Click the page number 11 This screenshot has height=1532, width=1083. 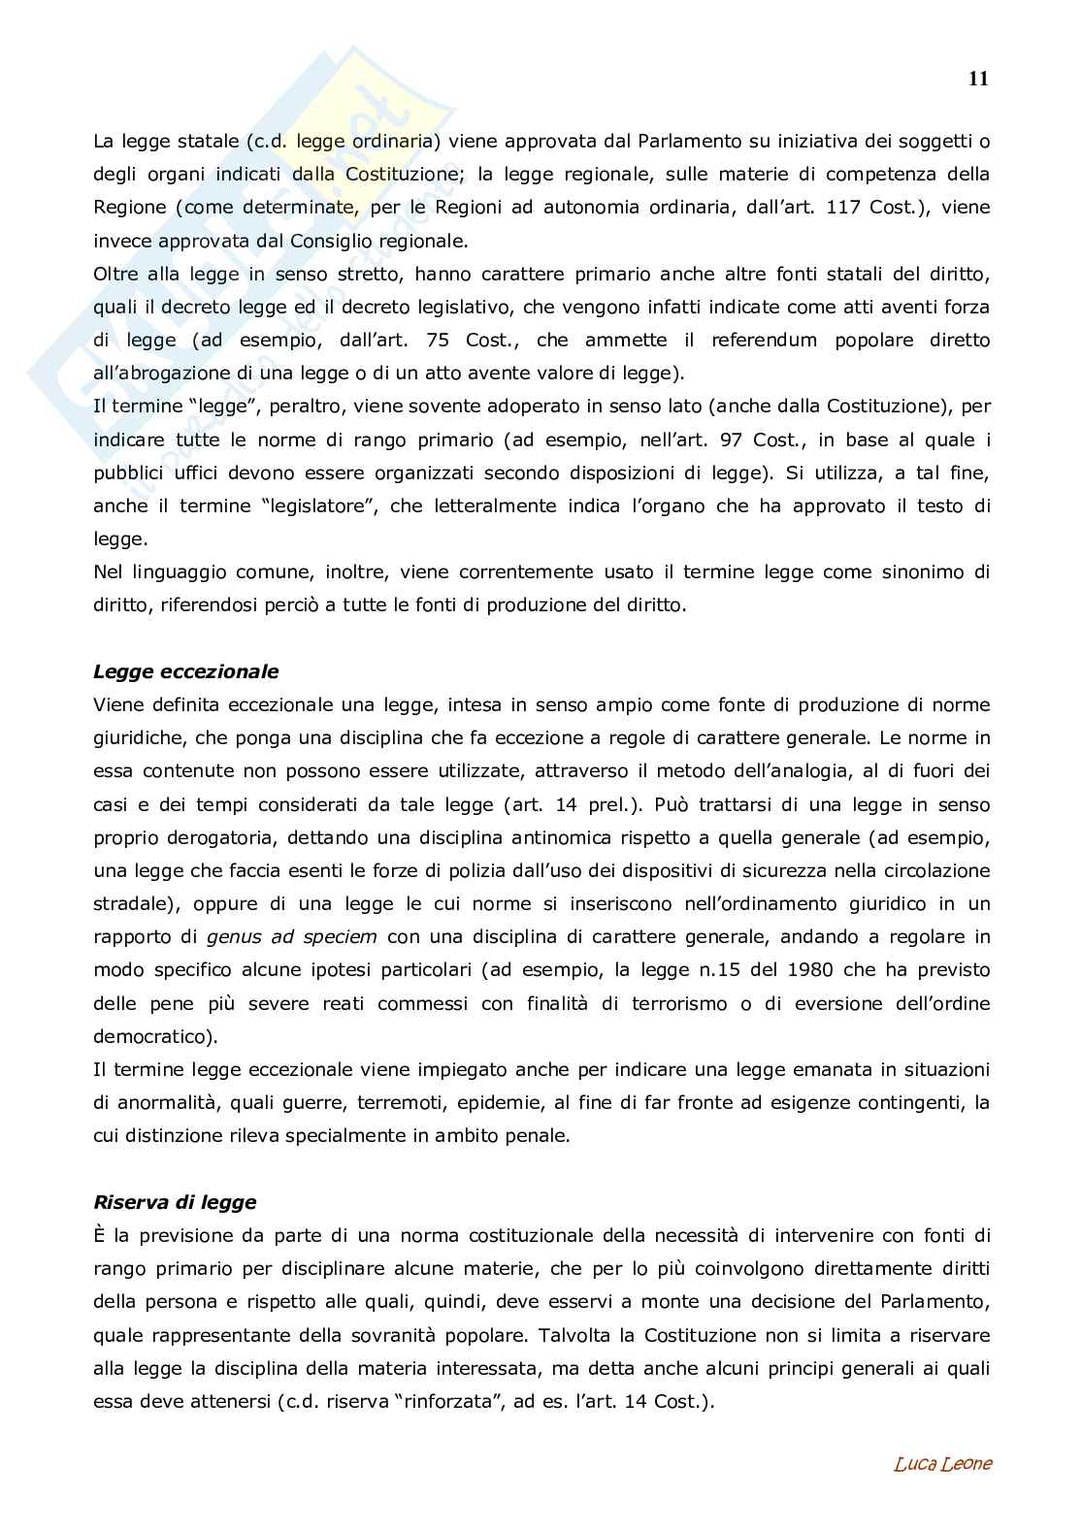point(977,80)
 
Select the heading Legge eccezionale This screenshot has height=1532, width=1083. point(185,671)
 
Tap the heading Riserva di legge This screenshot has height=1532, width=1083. point(175,1202)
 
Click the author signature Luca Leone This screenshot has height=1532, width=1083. point(942,1464)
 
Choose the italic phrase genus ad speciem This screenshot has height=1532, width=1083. point(292,936)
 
